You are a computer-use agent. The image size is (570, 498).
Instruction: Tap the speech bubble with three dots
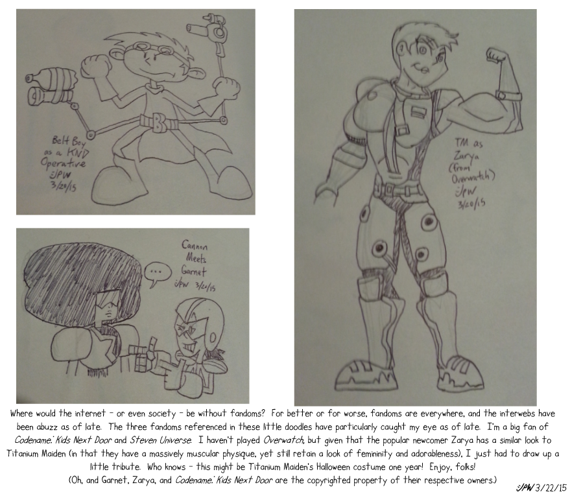[158, 272]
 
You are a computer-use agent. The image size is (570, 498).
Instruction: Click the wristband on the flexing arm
[510, 96]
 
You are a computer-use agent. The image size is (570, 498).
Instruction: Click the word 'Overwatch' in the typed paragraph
[283, 440]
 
